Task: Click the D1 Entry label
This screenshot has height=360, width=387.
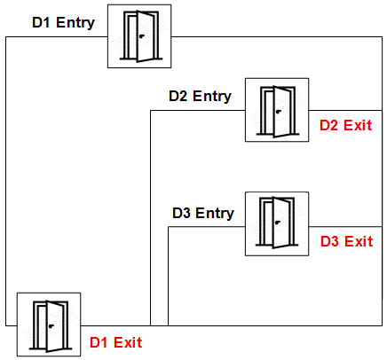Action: tap(63, 23)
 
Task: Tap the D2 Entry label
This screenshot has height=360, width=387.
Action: tap(200, 97)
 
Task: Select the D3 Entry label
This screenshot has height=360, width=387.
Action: tap(203, 213)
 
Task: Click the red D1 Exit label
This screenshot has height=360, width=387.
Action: tap(115, 342)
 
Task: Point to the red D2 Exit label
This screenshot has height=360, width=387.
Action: tap(345, 125)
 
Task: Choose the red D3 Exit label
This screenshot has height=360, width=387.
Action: tap(346, 241)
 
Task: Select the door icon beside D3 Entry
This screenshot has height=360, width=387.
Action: tap(277, 223)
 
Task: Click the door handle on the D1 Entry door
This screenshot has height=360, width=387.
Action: tap(142, 36)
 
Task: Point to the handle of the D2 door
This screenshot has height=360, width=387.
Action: tap(279, 112)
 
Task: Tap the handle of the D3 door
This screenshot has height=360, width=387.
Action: tap(278, 223)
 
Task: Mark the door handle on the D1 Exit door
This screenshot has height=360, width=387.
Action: tap(51, 326)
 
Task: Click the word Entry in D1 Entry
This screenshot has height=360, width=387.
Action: tap(75, 23)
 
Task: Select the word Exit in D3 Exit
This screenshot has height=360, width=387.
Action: tap(359, 241)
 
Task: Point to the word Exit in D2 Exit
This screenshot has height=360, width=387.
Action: tap(358, 125)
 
